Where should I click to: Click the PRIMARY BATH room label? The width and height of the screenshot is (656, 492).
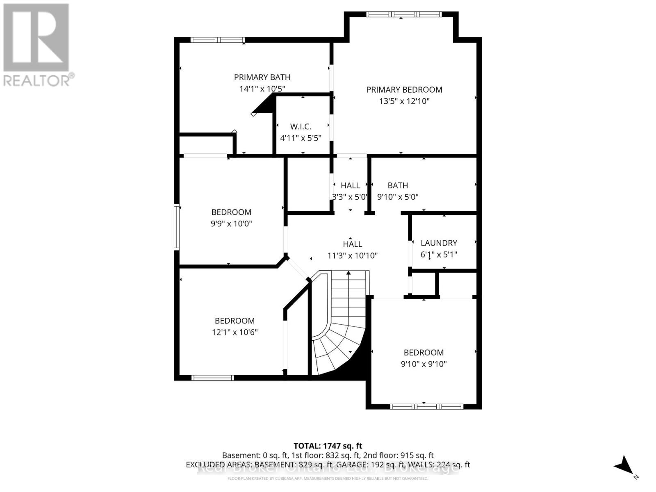click(262, 77)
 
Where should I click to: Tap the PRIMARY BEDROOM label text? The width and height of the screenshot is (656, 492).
click(404, 89)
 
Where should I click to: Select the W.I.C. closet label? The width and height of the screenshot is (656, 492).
click(301, 126)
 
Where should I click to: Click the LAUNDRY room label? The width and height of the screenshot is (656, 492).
click(439, 243)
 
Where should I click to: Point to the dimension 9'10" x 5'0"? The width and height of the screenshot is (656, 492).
click(398, 197)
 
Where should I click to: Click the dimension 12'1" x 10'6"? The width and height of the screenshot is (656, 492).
click(235, 332)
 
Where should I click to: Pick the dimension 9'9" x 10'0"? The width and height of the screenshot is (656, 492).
click(231, 223)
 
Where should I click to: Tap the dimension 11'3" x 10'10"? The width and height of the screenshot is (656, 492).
click(352, 255)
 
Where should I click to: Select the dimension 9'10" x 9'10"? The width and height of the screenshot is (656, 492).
click(424, 364)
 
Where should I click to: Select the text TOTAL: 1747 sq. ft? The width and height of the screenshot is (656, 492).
click(328, 446)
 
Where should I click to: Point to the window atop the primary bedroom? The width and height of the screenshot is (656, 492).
click(404, 14)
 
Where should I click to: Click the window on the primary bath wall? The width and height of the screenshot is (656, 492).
click(218, 40)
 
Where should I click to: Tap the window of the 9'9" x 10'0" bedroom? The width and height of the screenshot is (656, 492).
click(177, 227)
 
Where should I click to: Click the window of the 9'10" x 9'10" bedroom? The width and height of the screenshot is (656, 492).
click(426, 407)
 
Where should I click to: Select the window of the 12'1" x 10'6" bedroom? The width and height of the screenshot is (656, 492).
click(212, 378)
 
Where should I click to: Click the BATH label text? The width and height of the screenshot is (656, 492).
click(398, 186)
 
